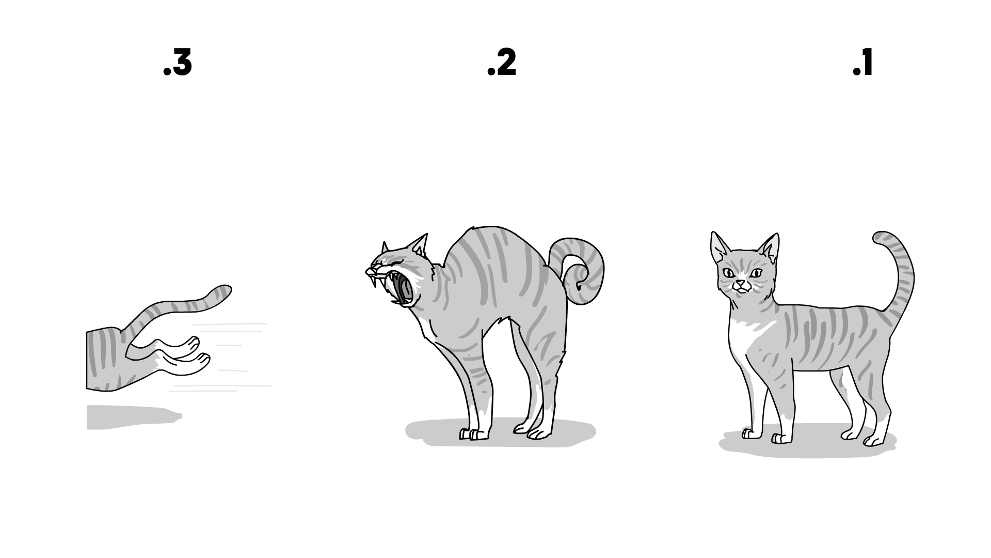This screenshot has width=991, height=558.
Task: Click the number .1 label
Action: tap(862, 64)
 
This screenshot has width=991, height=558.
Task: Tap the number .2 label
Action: tap(502, 64)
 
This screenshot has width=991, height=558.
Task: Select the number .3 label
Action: tap(177, 64)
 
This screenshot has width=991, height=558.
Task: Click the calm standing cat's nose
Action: tap(741, 283)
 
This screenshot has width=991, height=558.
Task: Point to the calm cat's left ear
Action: tap(718, 246)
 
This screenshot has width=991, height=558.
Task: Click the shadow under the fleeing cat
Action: tap(133, 417)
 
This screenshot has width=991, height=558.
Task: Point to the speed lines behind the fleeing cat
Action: tap(227, 357)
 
